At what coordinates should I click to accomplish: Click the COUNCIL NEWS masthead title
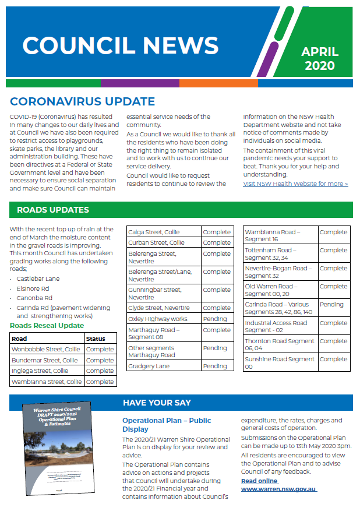coord(120,45)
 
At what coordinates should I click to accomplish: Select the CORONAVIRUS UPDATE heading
coord(82,102)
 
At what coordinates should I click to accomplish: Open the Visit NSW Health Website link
coord(295,184)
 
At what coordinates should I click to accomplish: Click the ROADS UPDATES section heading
coord(53,210)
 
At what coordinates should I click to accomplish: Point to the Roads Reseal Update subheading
coord(47,326)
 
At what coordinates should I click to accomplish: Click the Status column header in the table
coord(96,339)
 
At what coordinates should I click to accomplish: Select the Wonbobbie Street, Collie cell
coord(47,350)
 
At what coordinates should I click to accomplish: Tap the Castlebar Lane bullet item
coord(38,279)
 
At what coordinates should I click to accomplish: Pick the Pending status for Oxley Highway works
coord(215,319)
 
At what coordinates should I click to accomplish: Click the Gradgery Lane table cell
coord(149,366)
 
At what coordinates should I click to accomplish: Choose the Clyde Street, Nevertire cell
coord(159,308)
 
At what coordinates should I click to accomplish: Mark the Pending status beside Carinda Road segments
coord(331,304)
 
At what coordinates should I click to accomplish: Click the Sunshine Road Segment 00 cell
coord(280,363)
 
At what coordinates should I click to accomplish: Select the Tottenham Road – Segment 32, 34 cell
coord(280,254)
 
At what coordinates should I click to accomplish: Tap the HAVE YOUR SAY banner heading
coord(157,403)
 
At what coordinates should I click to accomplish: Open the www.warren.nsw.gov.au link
coord(279,489)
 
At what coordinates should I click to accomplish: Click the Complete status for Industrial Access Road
coord(333,323)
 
